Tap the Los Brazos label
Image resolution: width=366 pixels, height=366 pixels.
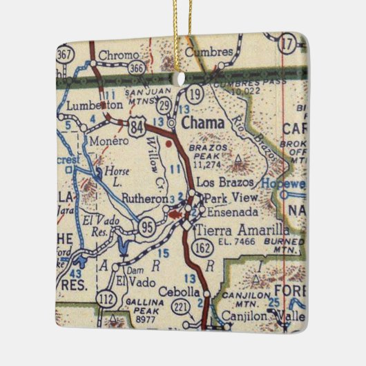(x=225, y=182)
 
